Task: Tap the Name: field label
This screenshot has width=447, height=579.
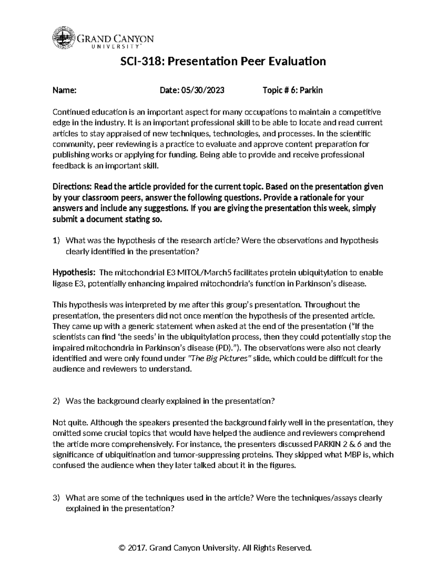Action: coord(64,90)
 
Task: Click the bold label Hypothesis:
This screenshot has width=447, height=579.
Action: coord(74,273)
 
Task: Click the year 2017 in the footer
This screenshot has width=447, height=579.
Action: coord(137,548)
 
